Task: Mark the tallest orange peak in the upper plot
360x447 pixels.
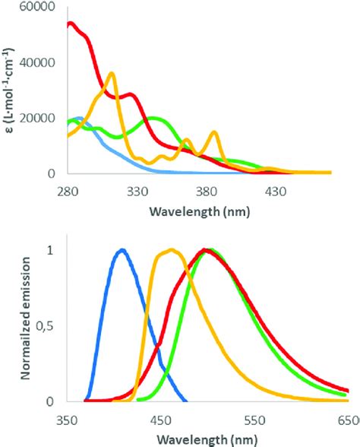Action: pyautogui.click(x=112, y=74)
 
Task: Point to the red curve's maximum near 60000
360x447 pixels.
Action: pyautogui.click(x=70, y=24)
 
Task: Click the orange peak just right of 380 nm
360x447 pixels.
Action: pyautogui.click(x=215, y=133)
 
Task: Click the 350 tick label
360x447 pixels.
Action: pyautogui.click(x=66, y=419)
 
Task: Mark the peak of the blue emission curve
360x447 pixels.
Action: pyautogui.click(x=122, y=250)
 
